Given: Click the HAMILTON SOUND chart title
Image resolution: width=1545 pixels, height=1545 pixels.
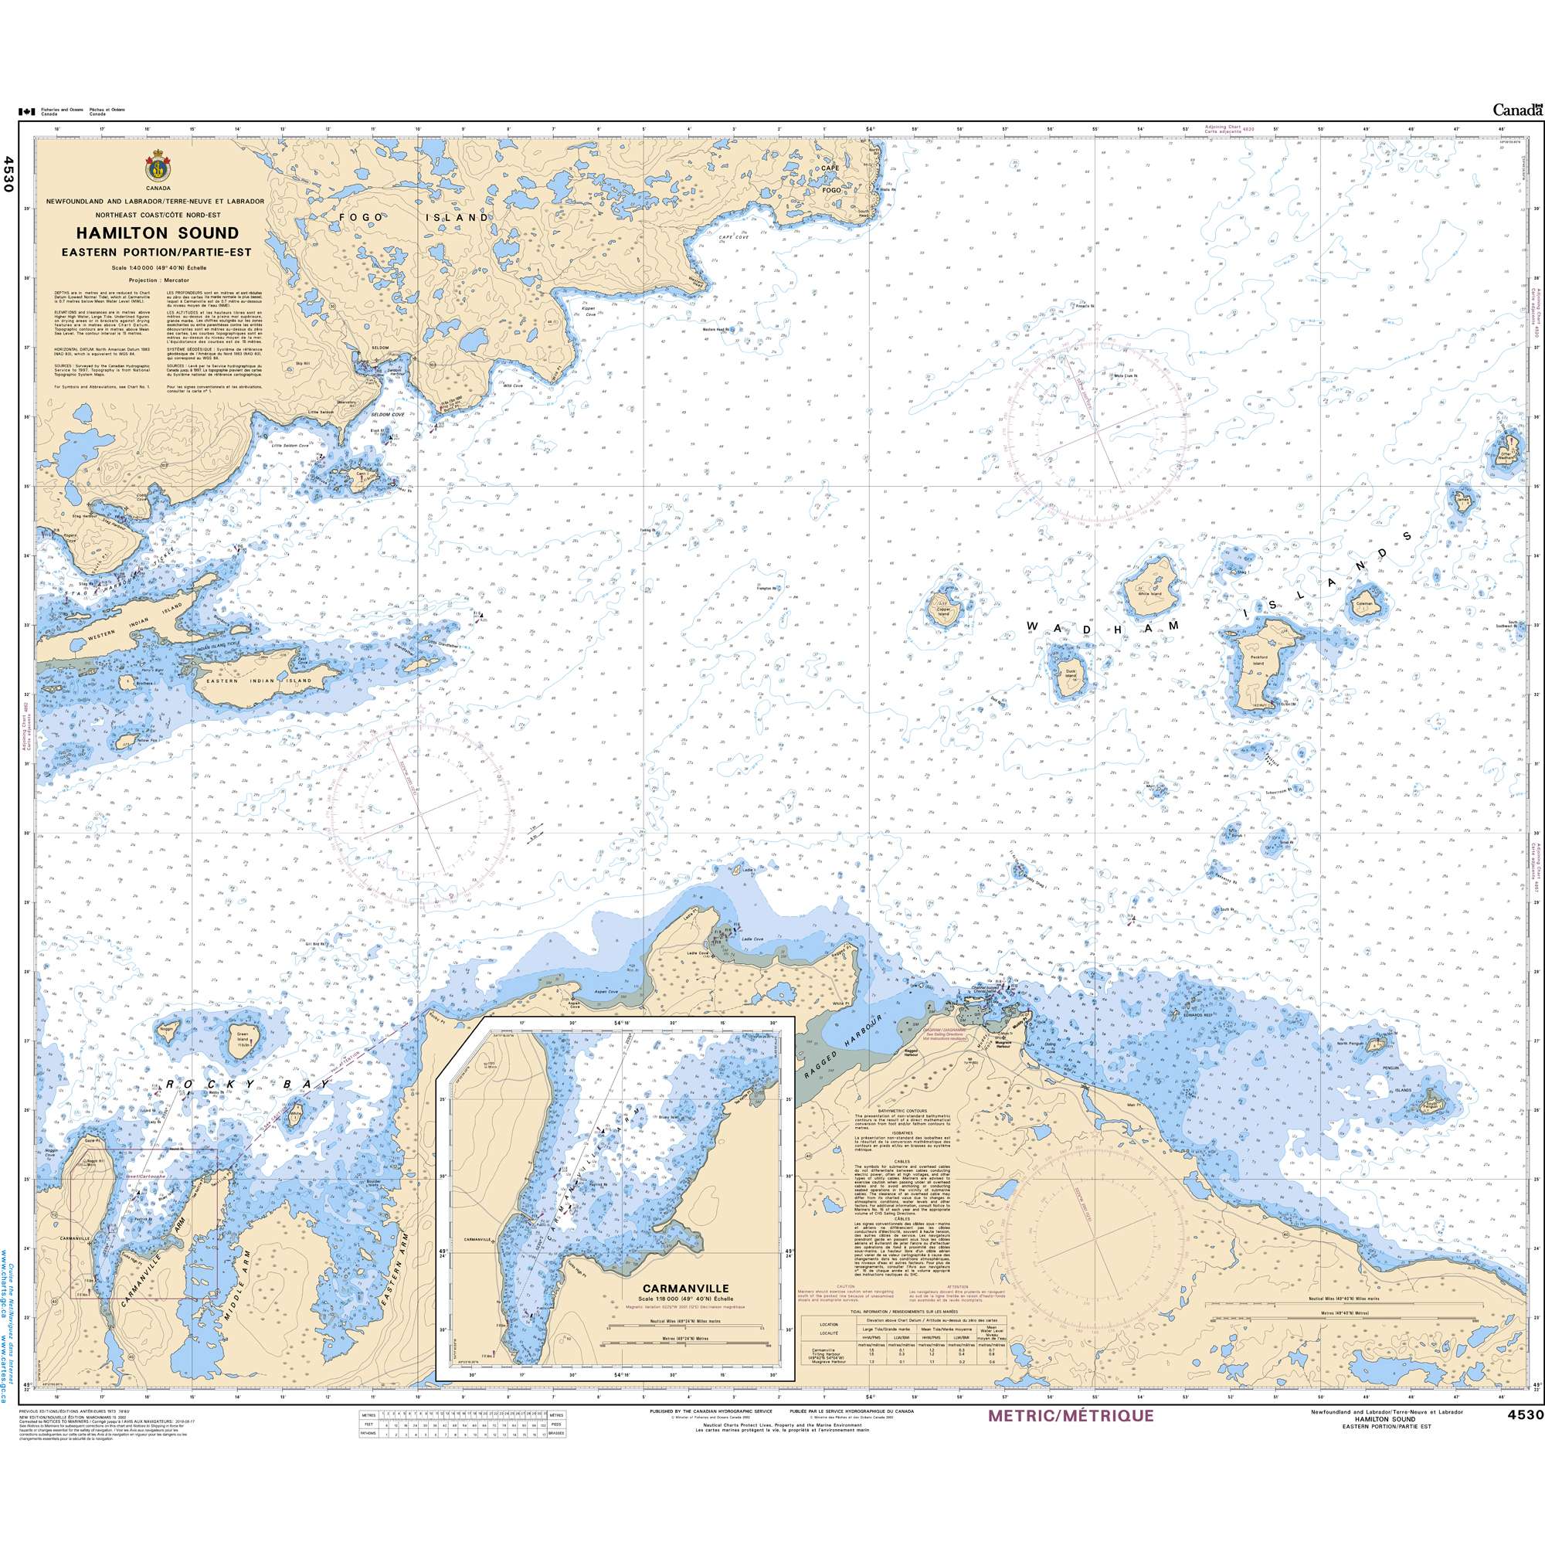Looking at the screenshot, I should (157, 233).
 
